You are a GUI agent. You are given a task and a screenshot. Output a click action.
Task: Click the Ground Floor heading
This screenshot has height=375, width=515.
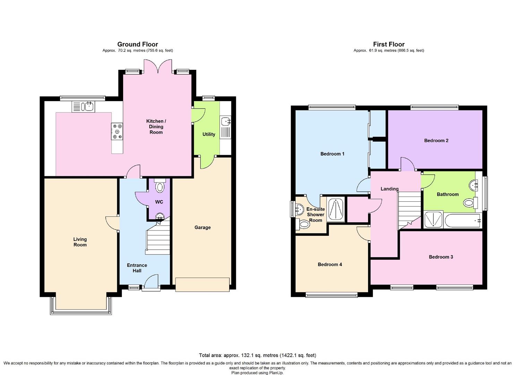137,44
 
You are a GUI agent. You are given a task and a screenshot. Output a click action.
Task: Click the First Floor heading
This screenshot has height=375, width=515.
389,44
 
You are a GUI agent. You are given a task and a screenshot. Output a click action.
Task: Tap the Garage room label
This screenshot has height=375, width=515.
203,227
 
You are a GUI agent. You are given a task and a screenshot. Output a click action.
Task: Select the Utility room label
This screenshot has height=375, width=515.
209,134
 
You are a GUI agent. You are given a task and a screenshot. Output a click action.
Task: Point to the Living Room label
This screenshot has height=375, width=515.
80,242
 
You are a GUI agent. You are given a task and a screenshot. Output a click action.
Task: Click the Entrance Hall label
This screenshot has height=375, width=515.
137,268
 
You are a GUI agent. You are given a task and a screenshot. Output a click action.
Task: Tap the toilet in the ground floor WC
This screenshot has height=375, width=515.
160,185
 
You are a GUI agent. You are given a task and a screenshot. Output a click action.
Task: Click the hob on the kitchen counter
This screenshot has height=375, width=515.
117,132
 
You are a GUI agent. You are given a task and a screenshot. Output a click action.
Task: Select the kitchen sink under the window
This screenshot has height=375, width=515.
83,107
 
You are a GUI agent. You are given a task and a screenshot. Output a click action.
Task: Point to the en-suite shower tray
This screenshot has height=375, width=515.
336,209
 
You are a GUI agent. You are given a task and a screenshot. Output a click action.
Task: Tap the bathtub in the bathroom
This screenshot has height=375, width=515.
463,220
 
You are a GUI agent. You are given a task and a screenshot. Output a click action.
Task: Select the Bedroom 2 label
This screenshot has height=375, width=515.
436,140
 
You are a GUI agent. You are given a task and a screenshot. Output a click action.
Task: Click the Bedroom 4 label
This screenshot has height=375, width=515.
330,265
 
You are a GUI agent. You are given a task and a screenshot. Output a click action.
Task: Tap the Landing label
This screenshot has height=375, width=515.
389,189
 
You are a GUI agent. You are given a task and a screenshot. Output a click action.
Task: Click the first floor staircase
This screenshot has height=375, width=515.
410,210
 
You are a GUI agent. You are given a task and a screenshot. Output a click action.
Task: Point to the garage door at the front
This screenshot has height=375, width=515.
202,285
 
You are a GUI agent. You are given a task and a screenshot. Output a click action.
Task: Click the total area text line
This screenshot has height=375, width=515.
257,356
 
